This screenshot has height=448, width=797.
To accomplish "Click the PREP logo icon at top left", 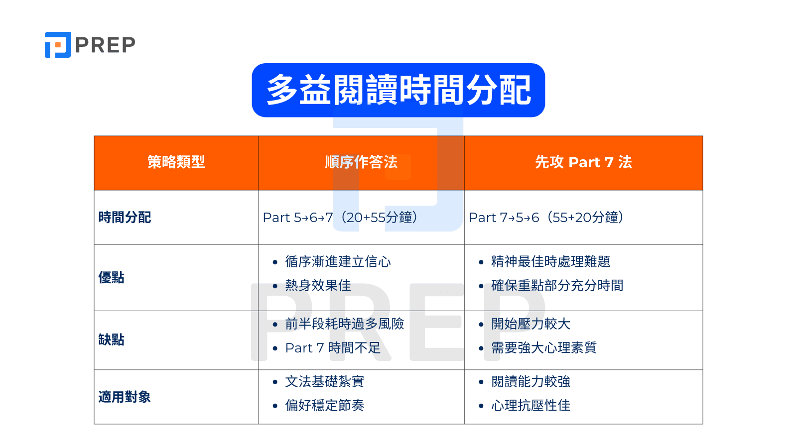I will (x=58, y=45).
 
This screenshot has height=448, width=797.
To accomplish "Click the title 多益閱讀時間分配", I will (x=398, y=90).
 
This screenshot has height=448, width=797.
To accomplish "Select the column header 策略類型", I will (x=176, y=162).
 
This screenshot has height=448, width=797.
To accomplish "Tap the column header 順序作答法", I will (x=361, y=162).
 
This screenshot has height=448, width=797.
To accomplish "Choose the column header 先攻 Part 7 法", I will (x=583, y=162).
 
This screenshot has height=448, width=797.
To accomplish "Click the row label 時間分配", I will (x=125, y=218).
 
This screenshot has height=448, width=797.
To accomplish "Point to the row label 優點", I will (x=111, y=278).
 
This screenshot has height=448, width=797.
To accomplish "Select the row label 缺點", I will (x=111, y=340).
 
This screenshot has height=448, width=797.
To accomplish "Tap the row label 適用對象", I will (x=125, y=397).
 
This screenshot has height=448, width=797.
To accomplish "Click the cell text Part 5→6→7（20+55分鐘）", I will (x=341, y=218).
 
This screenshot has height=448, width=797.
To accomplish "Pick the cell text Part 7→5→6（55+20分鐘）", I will (x=546, y=218).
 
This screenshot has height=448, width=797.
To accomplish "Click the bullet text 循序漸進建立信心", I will (x=338, y=262).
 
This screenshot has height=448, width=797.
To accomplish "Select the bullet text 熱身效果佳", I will (x=318, y=286).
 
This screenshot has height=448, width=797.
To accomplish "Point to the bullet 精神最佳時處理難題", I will (x=550, y=262).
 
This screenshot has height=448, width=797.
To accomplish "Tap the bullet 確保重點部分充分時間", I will (x=557, y=286).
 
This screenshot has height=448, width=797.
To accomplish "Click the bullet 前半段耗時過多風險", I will (x=344, y=324).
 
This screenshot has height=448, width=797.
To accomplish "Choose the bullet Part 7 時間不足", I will (x=332, y=348).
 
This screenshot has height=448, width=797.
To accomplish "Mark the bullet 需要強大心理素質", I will (x=543, y=348).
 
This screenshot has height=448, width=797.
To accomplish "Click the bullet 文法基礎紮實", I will (x=324, y=382).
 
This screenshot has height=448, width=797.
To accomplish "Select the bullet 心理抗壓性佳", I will (x=531, y=406).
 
